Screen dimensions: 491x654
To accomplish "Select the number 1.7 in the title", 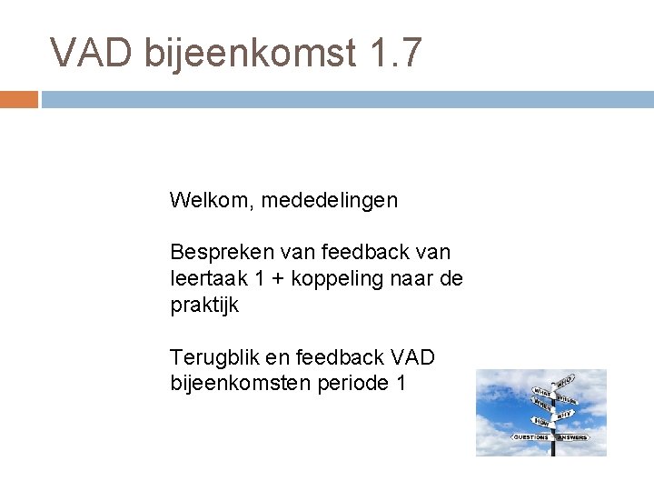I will point(397,53).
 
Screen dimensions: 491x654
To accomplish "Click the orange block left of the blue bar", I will point(18,99).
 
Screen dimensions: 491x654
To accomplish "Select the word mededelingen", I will point(330,200).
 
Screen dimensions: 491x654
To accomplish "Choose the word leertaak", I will point(205,278).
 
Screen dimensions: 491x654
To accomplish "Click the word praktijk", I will point(204,306).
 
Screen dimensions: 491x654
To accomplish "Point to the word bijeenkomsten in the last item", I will point(240,384).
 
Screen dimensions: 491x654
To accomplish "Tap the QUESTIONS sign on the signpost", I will point(530,437).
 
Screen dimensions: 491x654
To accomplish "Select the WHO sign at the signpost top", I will point(564,380).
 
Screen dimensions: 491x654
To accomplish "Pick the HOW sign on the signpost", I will point(541,421).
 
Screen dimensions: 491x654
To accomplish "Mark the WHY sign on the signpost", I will point(565,414).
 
